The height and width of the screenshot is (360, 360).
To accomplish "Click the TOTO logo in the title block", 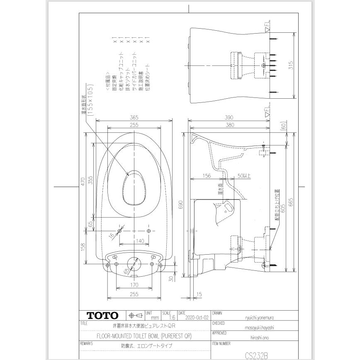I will [x=102, y=316].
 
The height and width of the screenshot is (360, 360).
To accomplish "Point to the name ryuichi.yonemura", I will [x=257, y=318].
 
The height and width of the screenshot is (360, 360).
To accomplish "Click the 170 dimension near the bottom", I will [x=134, y=285].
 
